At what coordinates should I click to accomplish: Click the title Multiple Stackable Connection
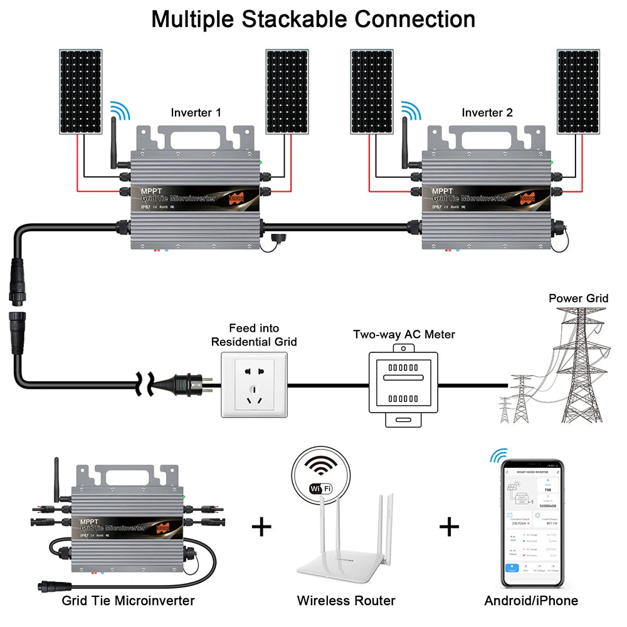(313, 19)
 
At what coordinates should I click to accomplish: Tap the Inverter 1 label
(196, 113)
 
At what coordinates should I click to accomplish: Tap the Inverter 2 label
(487, 113)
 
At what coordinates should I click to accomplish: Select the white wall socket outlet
(254, 384)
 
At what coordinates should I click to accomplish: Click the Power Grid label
(578, 298)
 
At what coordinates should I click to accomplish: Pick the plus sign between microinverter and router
(261, 526)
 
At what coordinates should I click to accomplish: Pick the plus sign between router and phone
(450, 526)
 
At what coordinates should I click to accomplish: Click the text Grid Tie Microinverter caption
(128, 601)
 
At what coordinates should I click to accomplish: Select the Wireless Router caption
(346, 601)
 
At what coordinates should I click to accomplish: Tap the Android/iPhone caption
(531, 601)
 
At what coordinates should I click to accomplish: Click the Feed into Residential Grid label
(254, 335)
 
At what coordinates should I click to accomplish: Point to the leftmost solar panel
(82, 92)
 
